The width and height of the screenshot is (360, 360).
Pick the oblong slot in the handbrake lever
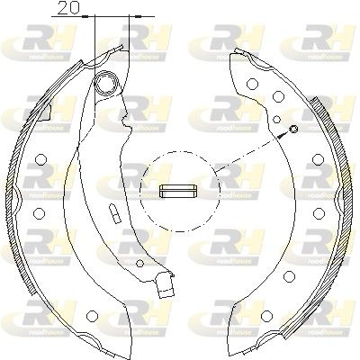[x=115, y=215]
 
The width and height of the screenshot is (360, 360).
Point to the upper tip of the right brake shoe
[x=236, y=54]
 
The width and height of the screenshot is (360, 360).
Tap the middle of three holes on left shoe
[x=39, y=189]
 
